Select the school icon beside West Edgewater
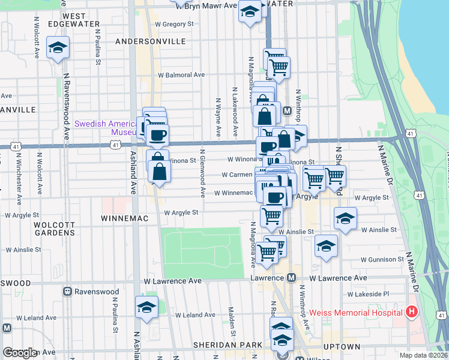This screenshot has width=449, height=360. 58,47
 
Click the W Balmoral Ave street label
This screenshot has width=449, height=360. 181,76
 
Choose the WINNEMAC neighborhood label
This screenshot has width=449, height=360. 124,218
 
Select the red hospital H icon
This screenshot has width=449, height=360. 411,312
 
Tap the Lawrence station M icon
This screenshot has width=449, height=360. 291,278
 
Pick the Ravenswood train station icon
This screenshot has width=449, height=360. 67,292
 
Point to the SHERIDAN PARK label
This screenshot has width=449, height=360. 228,346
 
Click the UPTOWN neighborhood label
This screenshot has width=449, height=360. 342,347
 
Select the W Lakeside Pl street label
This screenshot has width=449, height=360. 369,294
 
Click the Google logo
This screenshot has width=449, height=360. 20,353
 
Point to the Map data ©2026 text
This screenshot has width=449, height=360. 424,355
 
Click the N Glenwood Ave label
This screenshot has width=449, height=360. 202,173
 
